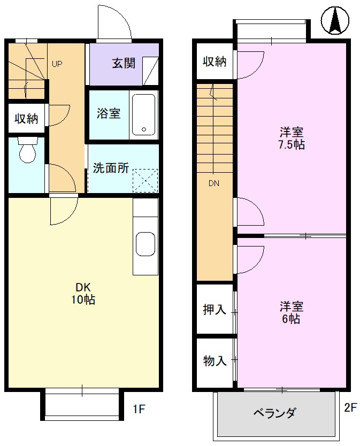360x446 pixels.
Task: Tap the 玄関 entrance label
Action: (123, 64)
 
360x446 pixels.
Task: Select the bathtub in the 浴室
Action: (143, 115)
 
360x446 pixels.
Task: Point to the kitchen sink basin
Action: (145, 244)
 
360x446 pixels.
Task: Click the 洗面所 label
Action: (111, 168)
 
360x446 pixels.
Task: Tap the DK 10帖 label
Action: (83, 294)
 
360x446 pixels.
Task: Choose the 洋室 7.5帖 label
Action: (292, 138)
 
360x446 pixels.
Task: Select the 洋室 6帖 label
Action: (292, 313)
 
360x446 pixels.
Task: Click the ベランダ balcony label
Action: (274, 413)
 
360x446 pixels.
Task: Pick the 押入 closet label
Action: (215, 310)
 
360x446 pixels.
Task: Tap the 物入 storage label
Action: (215, 361)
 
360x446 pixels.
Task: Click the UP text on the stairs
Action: (57, 64)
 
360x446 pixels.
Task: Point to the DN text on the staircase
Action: (214, 183)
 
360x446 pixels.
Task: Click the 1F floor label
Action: (139, 410)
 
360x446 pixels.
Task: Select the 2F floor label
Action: (350, 408)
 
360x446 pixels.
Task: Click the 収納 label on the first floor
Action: (26, 118)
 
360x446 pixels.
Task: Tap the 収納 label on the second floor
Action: (215, 61)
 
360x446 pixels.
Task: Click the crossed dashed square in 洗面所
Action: (145, 180)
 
